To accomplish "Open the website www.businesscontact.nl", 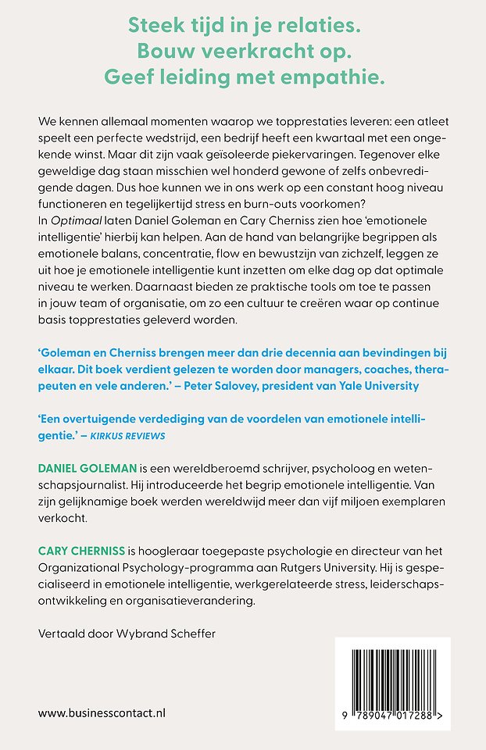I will [102, 712].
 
